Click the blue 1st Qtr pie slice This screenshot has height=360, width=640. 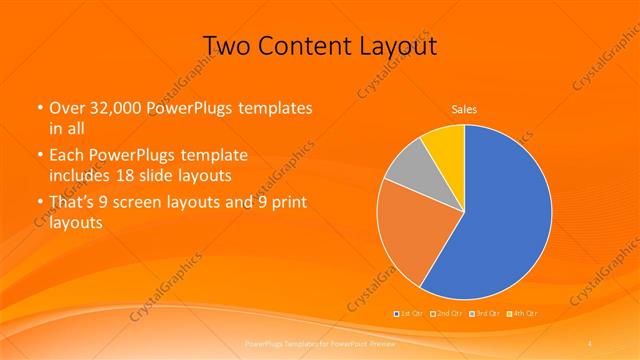tap(500, 215)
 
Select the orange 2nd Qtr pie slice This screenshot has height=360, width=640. tap(410, 235)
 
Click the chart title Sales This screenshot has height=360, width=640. tap(464, 108)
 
